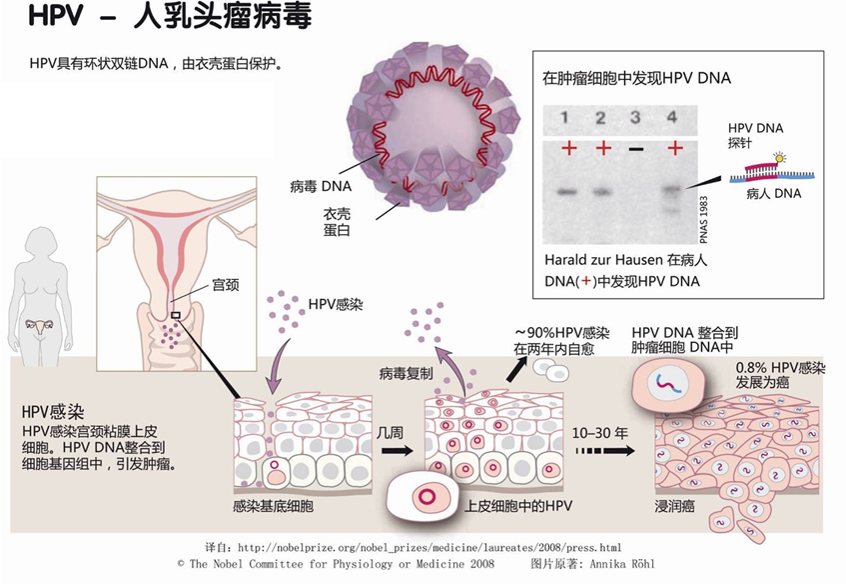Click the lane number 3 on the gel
pos(635,118)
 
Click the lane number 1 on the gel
pos(565,118)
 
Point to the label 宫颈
pos(225,285)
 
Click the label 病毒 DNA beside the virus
pos(321,185)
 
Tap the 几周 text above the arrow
pos(392,431)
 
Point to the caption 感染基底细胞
pos(273,507)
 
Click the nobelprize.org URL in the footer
pos(429,548)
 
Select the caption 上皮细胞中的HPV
pos(516,507)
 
